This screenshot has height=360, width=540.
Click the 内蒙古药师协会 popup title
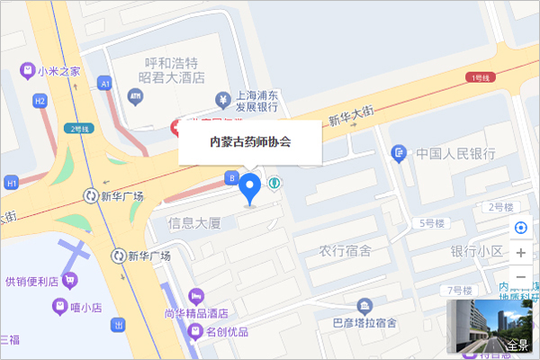tap(250, 141)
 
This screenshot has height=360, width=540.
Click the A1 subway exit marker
tap(105, 83)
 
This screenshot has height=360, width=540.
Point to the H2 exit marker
tap(40, 102)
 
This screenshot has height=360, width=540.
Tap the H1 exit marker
tap(12, 184)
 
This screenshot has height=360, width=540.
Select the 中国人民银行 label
tap(455, 154)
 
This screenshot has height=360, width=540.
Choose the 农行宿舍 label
tap(345, 250)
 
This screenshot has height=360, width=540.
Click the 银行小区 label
tap(477, 250)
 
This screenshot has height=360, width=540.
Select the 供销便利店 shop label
tap(31, 281)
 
